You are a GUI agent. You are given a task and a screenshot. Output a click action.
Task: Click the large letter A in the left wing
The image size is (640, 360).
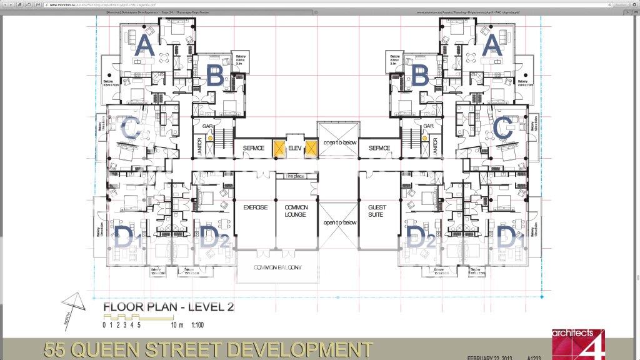(144, 47)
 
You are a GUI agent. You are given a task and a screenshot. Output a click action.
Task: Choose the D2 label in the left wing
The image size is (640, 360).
(215, 238)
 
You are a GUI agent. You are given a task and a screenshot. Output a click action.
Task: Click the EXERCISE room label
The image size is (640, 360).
(255, 207)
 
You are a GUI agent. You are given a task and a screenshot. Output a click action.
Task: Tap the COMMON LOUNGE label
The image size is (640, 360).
(296, 211)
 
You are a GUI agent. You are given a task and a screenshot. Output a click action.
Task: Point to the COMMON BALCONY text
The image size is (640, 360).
(277, 267)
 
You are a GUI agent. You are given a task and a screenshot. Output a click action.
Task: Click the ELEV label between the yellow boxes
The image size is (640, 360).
(295, 148)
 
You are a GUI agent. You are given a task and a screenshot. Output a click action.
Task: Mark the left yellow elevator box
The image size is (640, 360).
(277, 149)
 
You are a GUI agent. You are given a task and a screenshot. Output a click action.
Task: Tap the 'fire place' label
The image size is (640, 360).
(296, 177)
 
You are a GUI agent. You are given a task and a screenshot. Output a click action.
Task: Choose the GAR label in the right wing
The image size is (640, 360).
(428, 126)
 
